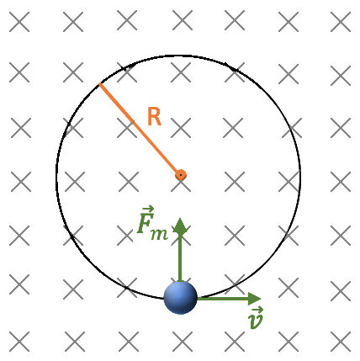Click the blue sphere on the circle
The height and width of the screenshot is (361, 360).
pos(180,298)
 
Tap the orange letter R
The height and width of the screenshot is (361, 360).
pos(154,116)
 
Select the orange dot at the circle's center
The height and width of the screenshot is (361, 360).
pos(181,175)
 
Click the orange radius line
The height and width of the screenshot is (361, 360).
pos(140,130)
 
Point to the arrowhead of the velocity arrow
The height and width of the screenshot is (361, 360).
pos(255,299)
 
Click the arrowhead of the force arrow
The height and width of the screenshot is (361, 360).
pos(180,226)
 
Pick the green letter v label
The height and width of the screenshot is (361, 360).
pos(256,321)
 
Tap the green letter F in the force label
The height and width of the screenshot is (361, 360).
pos(146,224)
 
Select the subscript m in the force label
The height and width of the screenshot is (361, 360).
pos(159,234)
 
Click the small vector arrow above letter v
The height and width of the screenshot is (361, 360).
pos(257,311)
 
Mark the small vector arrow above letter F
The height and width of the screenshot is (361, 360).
pos(148,209)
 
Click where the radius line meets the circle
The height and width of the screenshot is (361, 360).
pos(99,83)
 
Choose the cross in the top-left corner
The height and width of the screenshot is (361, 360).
pos(19,22)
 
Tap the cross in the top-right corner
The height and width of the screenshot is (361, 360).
pos(341,22)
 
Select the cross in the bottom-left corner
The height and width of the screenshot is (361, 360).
pos(19,342)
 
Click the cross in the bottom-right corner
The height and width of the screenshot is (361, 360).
pos(341,342)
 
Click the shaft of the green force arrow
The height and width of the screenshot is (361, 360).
pos(180,257)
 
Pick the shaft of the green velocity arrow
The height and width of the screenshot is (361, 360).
pos(223,299)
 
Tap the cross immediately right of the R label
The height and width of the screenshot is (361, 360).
pos(181,128)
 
